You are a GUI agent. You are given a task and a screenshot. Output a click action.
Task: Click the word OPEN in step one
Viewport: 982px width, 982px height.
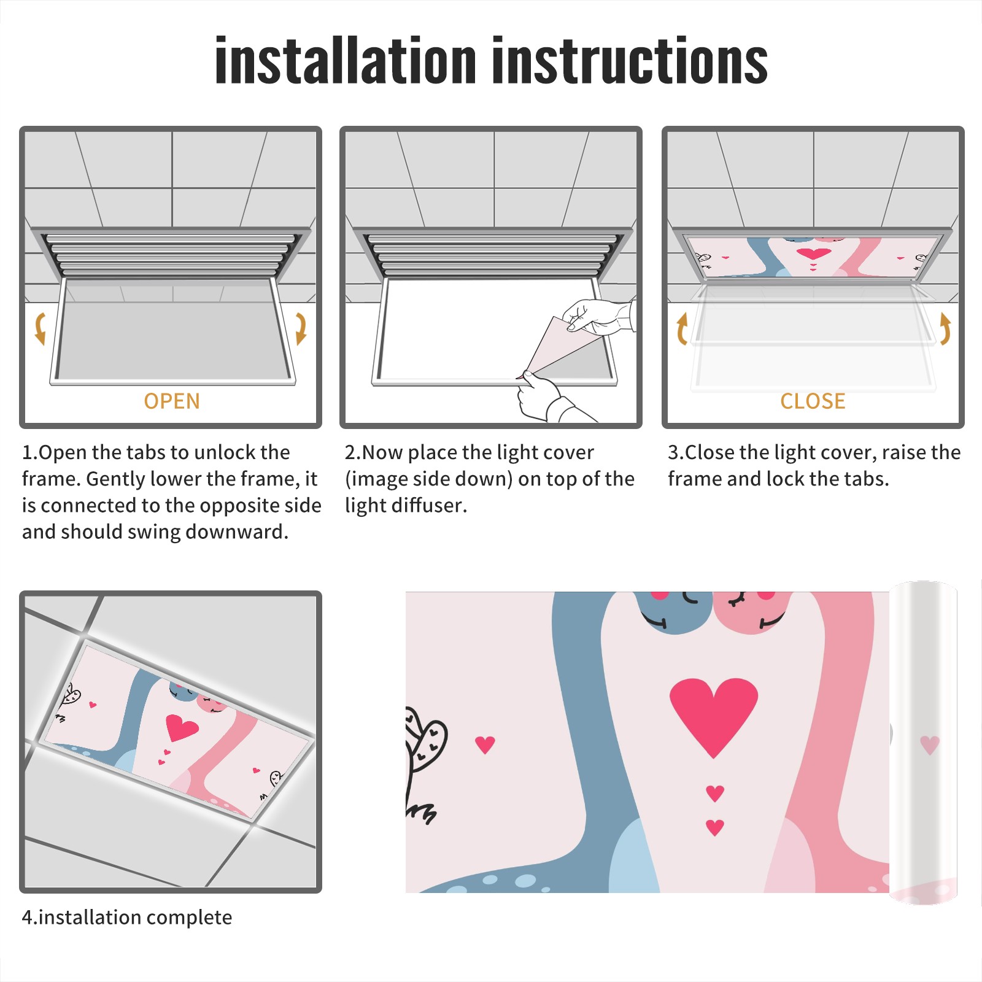point(172,401)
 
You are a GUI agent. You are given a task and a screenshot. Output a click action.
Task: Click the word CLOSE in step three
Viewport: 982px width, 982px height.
point(813,401)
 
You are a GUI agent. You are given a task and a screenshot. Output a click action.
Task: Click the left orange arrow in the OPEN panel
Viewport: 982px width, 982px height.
point(40,328)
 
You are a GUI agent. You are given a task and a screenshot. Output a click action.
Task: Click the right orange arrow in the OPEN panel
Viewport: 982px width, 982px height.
point(301,328)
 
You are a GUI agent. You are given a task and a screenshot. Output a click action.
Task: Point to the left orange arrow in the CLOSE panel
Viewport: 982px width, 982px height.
point(682,328)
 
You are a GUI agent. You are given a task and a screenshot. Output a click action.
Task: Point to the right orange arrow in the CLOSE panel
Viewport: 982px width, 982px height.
point(945,328)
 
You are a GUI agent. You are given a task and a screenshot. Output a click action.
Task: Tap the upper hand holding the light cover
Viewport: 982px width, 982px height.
point(598,316)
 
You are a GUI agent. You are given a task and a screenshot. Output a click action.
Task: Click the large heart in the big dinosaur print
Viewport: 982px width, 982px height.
point(714,716)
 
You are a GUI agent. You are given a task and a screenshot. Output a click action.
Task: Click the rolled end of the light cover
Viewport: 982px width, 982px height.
point(923,743)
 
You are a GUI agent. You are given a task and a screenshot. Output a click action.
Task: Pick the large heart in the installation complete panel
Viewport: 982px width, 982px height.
point(182,727)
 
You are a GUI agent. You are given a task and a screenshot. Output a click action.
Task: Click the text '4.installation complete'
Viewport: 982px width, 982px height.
point(127,918)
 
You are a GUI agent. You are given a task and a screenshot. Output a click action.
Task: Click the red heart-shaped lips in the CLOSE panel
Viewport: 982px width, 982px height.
point(814,253)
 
